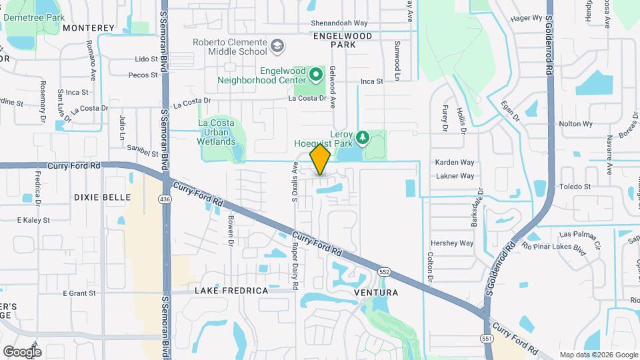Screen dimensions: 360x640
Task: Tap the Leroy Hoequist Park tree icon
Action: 363,137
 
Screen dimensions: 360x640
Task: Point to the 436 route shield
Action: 165,199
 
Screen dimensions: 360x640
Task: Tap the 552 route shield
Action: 384,272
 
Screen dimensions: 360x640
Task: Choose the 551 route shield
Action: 487,339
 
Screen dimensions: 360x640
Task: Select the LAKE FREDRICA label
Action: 231,291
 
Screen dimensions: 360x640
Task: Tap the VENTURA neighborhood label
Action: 376,293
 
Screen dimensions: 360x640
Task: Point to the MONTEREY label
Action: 89,28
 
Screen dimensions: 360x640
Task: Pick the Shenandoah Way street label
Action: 321,23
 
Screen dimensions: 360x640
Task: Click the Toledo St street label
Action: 575,187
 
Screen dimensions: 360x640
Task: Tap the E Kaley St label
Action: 33,220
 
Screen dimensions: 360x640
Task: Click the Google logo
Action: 22,351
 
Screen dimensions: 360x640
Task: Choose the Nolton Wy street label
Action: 575,124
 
